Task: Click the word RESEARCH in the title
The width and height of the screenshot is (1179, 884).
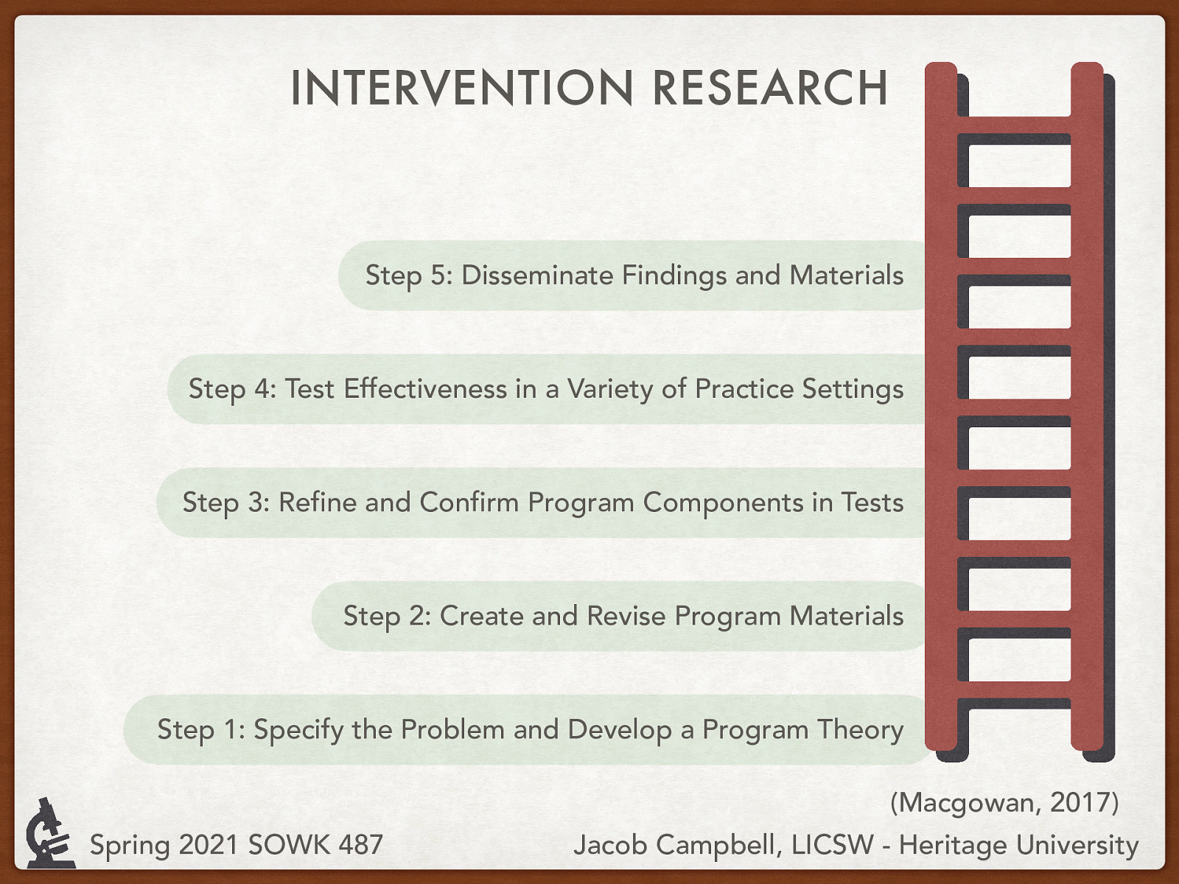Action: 770,88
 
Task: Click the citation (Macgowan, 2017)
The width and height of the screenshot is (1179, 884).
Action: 1004,801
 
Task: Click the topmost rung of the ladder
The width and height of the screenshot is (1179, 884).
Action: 1013,125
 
